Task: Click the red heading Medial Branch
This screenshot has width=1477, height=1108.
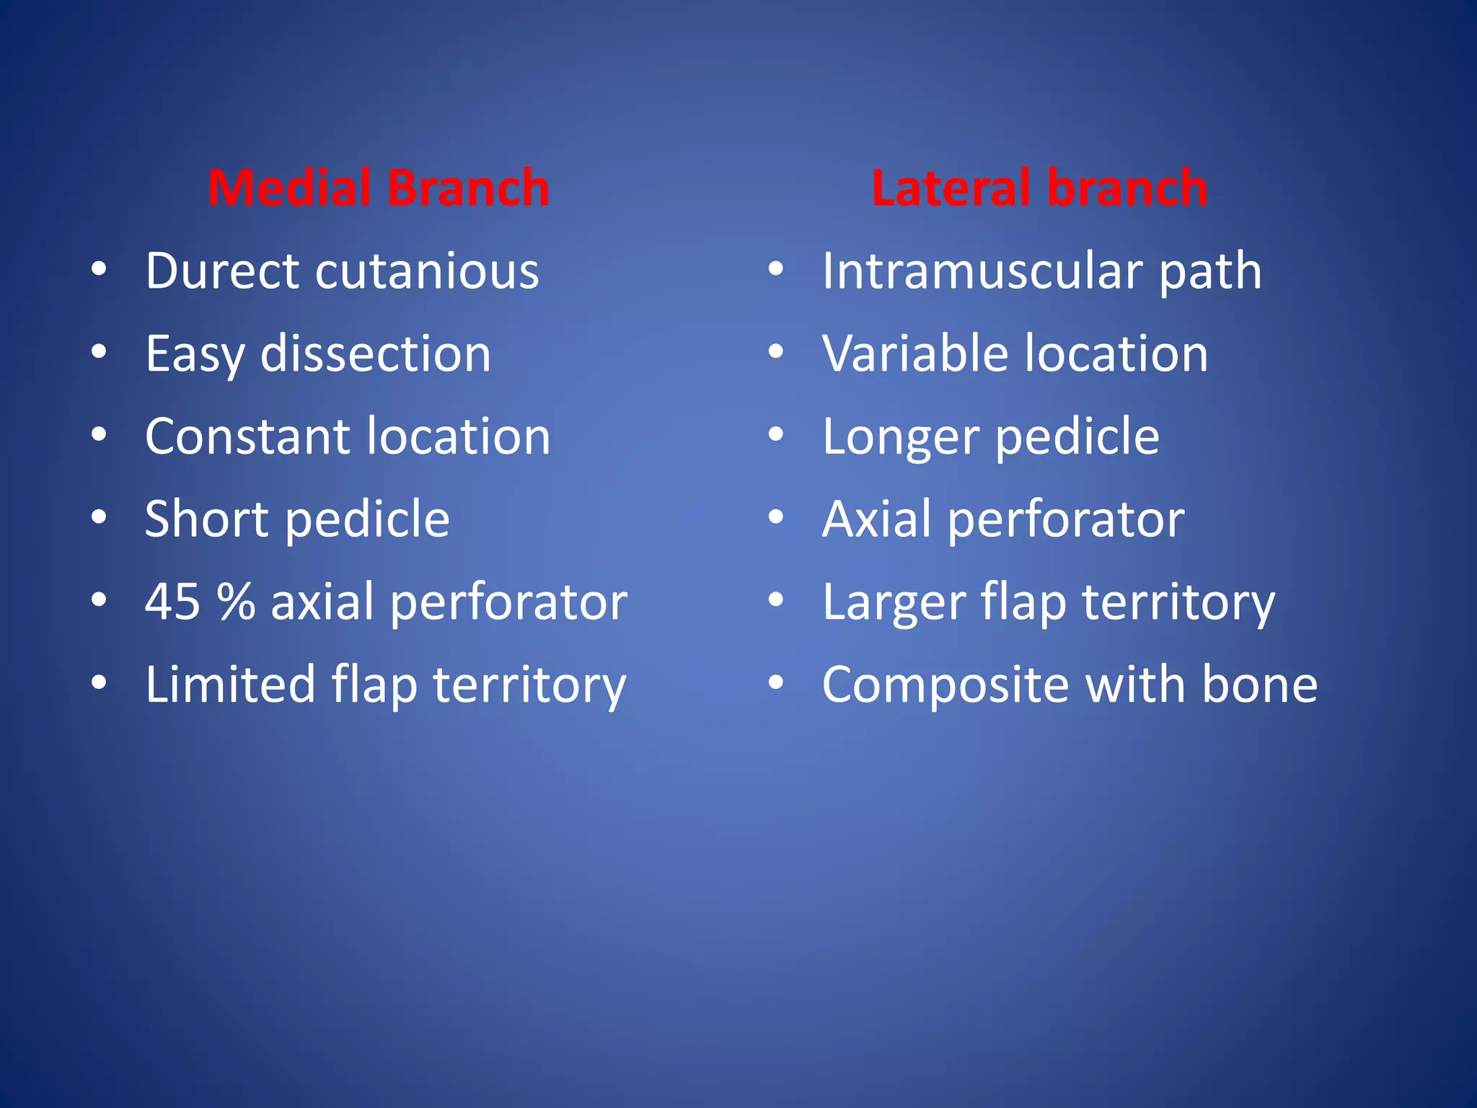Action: (379, 188)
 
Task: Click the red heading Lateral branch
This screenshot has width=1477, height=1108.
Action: (1039, 188)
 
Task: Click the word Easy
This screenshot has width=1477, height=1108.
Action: (195, 355)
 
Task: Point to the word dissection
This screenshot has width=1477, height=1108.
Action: (375, 354)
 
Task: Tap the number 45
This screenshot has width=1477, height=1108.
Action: (172, 602)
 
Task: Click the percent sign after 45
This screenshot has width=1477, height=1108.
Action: (237, 602)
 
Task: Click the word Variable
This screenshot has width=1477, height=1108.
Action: (915, 354)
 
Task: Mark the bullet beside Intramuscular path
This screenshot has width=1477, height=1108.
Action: (776, 270)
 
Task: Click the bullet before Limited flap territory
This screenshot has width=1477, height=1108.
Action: (100, 682)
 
